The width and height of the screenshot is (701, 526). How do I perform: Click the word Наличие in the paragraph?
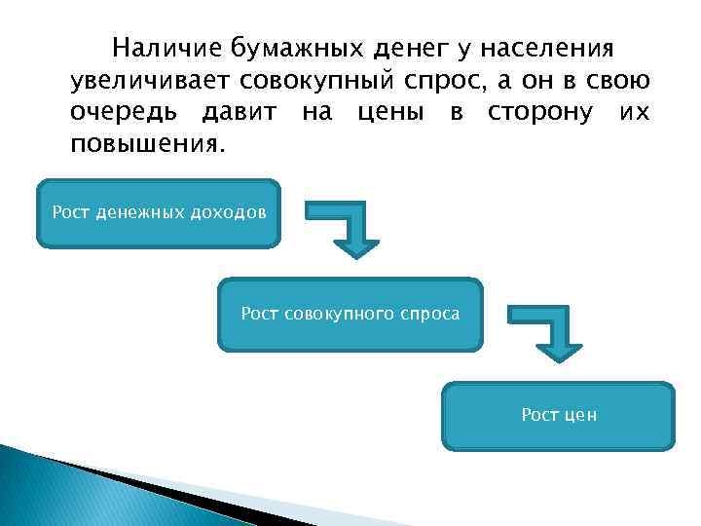pyautogui.click(x=167, y=48)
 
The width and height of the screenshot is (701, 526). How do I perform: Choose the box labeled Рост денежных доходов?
pyautogui.click(x=159, y=213)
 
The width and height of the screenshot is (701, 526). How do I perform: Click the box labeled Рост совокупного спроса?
pyautogui.click(x=350, y=315)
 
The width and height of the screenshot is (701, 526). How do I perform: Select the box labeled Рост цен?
pyautogui.click(x=558, y=416)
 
